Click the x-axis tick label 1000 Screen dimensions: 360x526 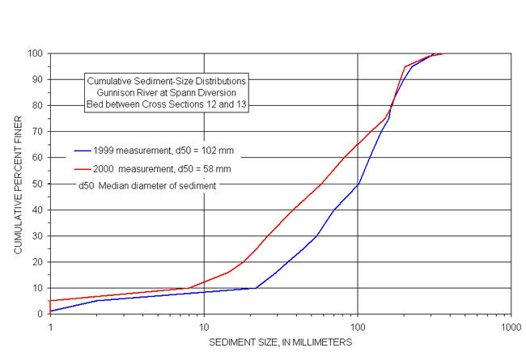point(510,328)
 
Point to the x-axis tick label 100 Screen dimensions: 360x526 point(357,328)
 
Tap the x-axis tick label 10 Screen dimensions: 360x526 point(204,328)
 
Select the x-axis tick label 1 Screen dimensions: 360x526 point(50,328)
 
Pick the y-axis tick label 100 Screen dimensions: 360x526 point(35,53)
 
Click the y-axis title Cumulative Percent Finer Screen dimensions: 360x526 point(18,184)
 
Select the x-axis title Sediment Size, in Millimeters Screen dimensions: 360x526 point(280,343)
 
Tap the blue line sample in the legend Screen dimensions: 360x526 point(83,150)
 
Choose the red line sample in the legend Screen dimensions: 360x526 point(83,169)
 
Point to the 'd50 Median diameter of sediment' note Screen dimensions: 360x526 point(146,185)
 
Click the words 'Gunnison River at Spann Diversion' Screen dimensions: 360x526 point(166,92)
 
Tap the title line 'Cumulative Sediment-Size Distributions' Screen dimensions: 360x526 point(166,82)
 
